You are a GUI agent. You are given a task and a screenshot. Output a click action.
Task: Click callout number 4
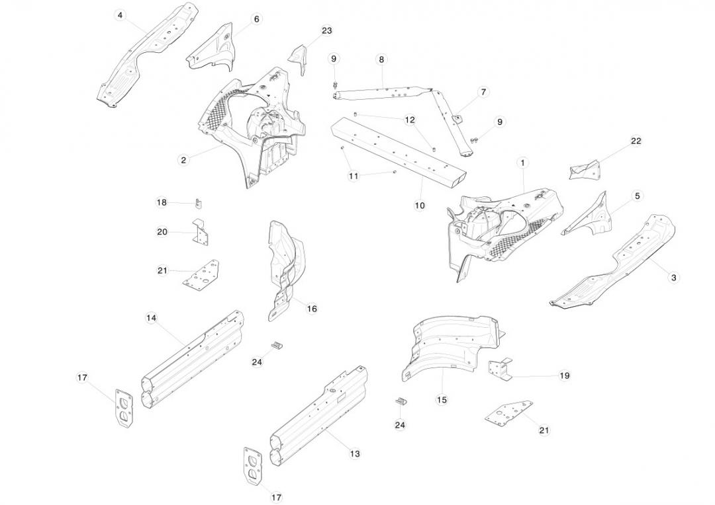(120, 15)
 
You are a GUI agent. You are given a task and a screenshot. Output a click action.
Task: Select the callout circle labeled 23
(326, 30)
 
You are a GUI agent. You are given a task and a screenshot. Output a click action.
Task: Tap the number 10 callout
(420, 206)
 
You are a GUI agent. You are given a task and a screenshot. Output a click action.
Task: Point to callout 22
(636, 141)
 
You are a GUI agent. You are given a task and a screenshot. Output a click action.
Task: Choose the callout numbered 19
(564, 375)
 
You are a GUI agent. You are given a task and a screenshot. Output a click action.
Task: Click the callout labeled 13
(355, 453)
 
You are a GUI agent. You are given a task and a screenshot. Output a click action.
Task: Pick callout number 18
(162, 202)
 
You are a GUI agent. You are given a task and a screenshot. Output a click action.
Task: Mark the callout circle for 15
(442, 399)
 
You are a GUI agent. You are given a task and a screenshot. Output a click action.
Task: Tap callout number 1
(522, 163)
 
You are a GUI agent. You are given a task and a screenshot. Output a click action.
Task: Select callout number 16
(312, 309)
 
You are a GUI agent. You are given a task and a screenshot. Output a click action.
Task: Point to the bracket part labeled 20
(201, 233)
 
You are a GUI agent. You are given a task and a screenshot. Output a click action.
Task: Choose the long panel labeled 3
(612, 261)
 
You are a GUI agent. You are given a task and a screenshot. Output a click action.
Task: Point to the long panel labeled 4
(149, 56)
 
